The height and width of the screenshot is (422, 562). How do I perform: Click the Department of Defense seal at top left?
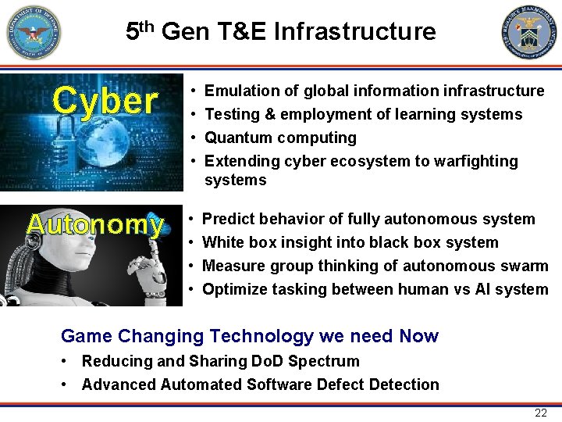(x=33, y=32)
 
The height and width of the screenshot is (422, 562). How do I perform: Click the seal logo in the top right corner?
(x=529, y=32)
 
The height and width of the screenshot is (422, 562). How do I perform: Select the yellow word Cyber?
(x=105, y=101)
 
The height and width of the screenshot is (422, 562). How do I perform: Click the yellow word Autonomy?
(x=95, y=225)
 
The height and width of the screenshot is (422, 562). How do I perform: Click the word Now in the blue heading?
(x=418, y=336)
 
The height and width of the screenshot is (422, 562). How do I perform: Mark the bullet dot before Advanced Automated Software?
(x=69, y=384)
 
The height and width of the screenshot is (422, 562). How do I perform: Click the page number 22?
(x=540, y=413)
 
